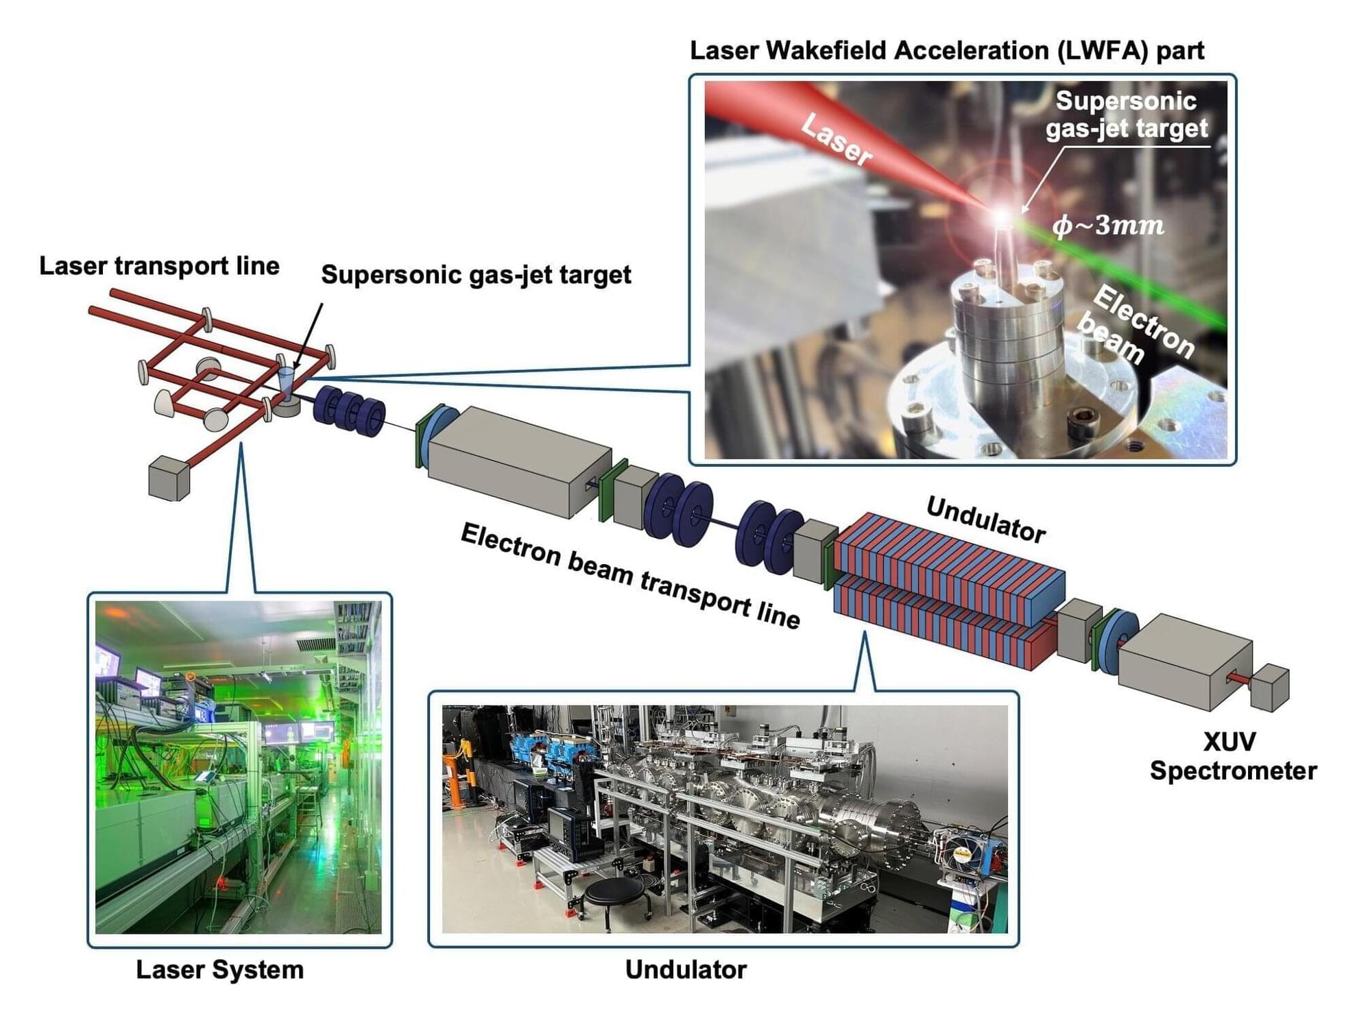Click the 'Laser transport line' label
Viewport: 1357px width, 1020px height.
(x=159, y=266)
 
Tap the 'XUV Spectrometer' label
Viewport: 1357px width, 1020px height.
(x=1233, y=757)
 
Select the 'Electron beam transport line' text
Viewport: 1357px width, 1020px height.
(x=630, y=575)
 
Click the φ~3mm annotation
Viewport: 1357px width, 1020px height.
(x=1108, y=225)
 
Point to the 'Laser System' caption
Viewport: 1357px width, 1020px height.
(x=219, y=970)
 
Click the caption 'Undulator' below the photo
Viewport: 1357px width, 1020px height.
(x=686, y=970)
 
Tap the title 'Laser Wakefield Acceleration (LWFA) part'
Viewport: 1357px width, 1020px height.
(x=947, y=51)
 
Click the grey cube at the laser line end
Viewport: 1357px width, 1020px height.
(x=169, y=477)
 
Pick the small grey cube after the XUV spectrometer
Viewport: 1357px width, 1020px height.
(x=1270, y=688)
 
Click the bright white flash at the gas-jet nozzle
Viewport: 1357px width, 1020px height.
(x=1002, y=217)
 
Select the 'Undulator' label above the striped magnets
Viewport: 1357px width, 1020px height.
(x=985, y=520)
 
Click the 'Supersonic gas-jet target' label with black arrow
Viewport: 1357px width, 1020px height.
(x=476, y=275)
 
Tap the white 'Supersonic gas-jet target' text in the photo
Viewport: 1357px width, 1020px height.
(x=1127, y=114)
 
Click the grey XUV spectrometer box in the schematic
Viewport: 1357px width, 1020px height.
(x=1185, y=661)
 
